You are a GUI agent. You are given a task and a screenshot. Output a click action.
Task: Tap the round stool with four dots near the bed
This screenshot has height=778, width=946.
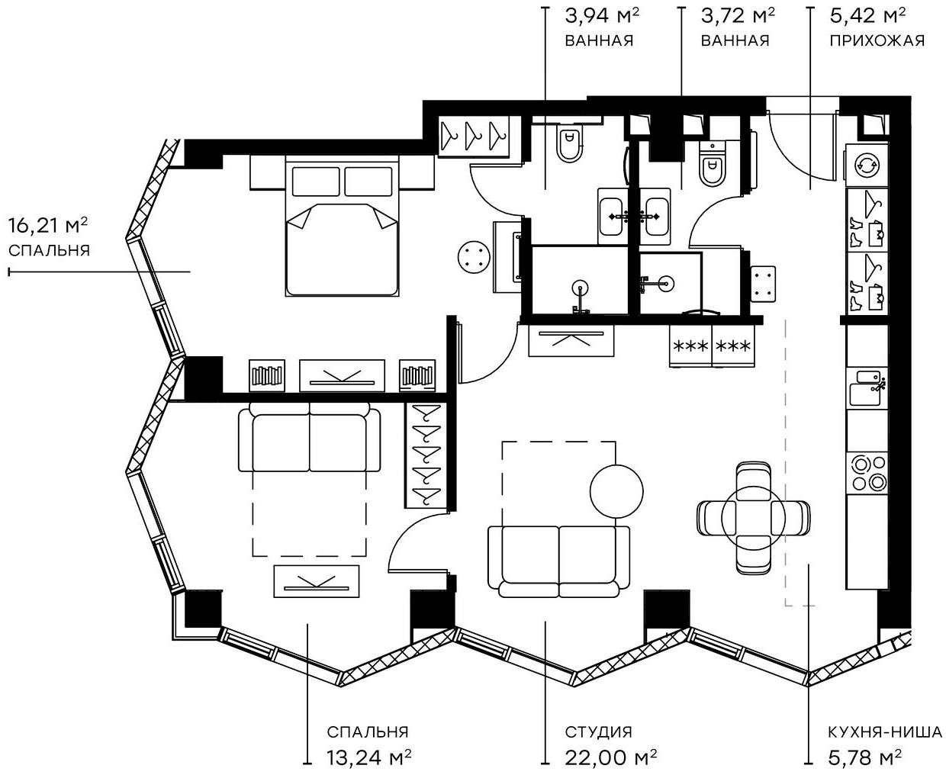click(474, 256)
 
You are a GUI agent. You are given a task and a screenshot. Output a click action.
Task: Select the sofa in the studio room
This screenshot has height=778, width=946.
click(558, 561)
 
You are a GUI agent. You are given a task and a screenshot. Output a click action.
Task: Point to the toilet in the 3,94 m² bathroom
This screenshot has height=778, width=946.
click(568, 145)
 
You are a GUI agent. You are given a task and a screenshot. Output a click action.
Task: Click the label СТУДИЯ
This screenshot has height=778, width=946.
click(598, 732)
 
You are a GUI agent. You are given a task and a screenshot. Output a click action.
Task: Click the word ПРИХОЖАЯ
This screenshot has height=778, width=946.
click(877, 40)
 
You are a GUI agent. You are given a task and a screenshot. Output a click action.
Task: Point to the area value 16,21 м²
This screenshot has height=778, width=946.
click(47, 225)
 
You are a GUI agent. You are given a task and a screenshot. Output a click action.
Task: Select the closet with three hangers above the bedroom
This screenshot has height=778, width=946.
click(474, 137)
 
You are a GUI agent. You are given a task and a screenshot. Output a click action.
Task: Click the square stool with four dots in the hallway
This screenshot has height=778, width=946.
click(763, 283)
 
